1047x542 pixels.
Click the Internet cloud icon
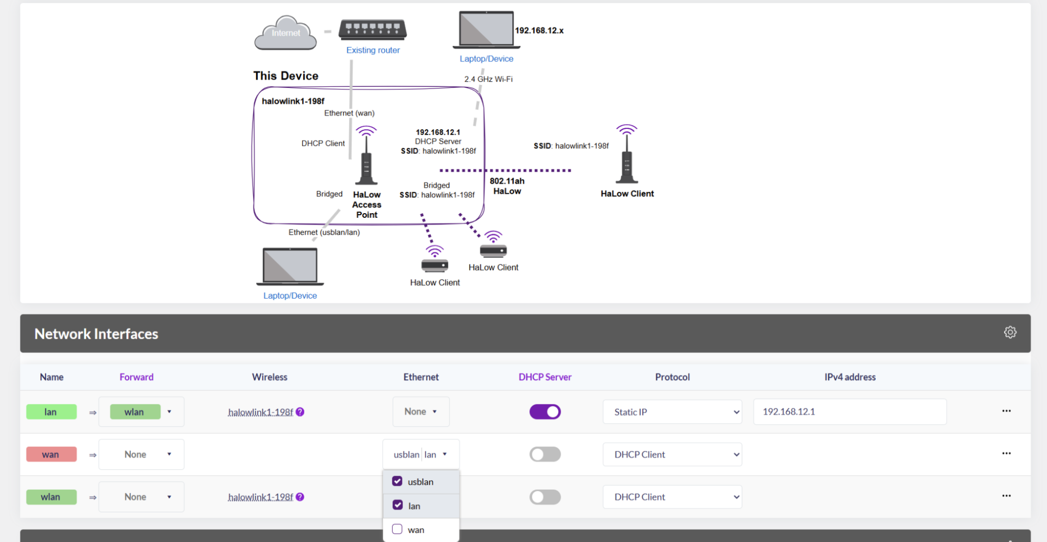pos(285,32)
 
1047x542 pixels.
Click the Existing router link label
pos(373,50)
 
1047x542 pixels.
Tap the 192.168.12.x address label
pos(539,30)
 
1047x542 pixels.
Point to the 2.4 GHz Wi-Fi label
pos(488,79)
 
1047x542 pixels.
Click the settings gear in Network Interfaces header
pos(1010,333)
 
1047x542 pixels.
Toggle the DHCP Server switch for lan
pos(545,412)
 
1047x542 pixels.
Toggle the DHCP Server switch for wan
pos(545,454)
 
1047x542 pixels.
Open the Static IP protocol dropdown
pos(672,412)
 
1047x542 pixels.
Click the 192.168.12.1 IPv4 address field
pos(850,412)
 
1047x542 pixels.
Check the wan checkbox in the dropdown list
pos(397,529)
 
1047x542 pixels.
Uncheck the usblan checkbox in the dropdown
pos(397,481)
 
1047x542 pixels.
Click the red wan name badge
pos(51,454)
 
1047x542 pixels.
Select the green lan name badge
pos(51,412)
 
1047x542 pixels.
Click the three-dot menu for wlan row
pos(1006,495)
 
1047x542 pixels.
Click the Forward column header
pos(136,377)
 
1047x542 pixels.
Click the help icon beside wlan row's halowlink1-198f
pos(300,496)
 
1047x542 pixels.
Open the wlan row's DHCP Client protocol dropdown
pos(672,496)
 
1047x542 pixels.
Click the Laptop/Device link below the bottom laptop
pos(290,296)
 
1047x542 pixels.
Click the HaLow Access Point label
pos(367,205)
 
